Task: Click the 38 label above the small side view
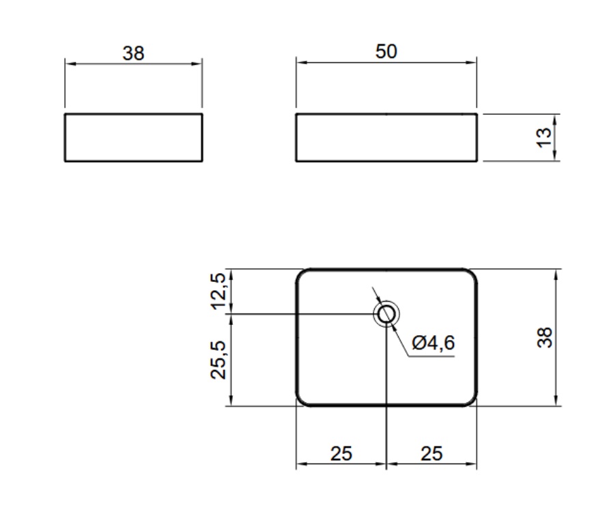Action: pos(133,53)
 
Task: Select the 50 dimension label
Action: pos(386,51)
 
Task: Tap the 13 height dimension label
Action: pos(544,137)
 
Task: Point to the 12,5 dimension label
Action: pos(218,291)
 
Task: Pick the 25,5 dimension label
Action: pos(218,360)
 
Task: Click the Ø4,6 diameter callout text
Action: pos(434,343)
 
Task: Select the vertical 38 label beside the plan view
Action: pos(544,337)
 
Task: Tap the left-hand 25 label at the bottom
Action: pos(341,453)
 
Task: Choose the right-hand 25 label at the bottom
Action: pos(431,453)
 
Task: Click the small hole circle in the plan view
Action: pos(386,306)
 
